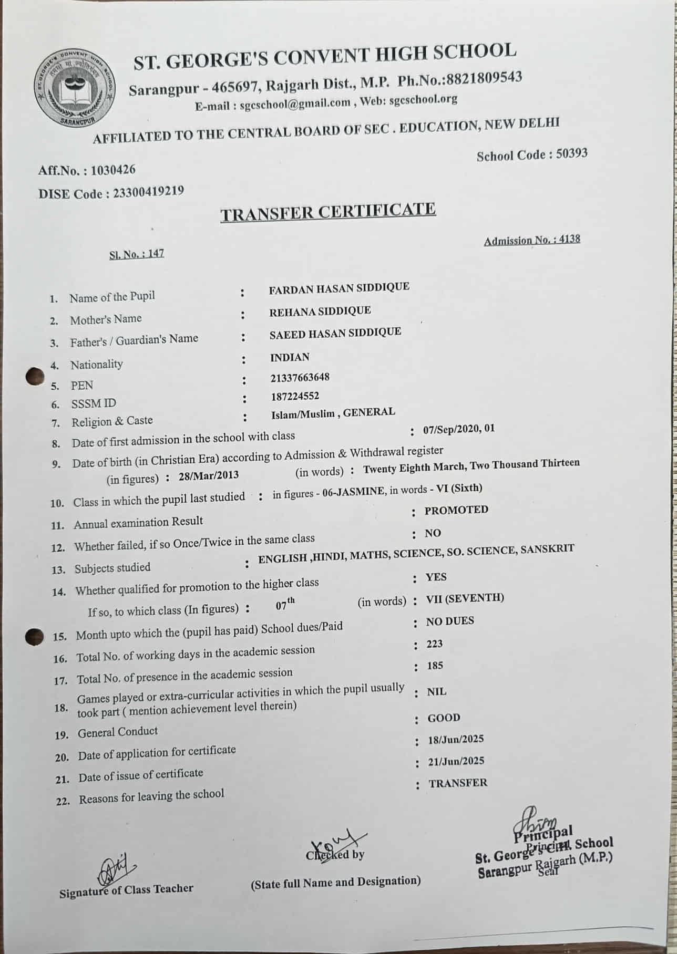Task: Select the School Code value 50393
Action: (x=571, y=154)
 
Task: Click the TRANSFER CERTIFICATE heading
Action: (x=328, y=211)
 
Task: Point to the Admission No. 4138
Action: (x=570, y=239)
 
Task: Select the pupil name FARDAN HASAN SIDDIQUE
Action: (x=339, y=288)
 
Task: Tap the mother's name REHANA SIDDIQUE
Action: (x=320, y=311)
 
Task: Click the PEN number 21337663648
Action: (x=300, y=377)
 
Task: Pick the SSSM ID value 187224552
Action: (x=295, y=396)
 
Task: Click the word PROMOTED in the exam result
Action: (x=456, y=510)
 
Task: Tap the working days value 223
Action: (x=435, y=644)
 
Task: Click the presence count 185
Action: (x=435, y=666)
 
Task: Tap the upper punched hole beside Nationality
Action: (x=35, y=376)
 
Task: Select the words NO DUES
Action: (x=450, y=621)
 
